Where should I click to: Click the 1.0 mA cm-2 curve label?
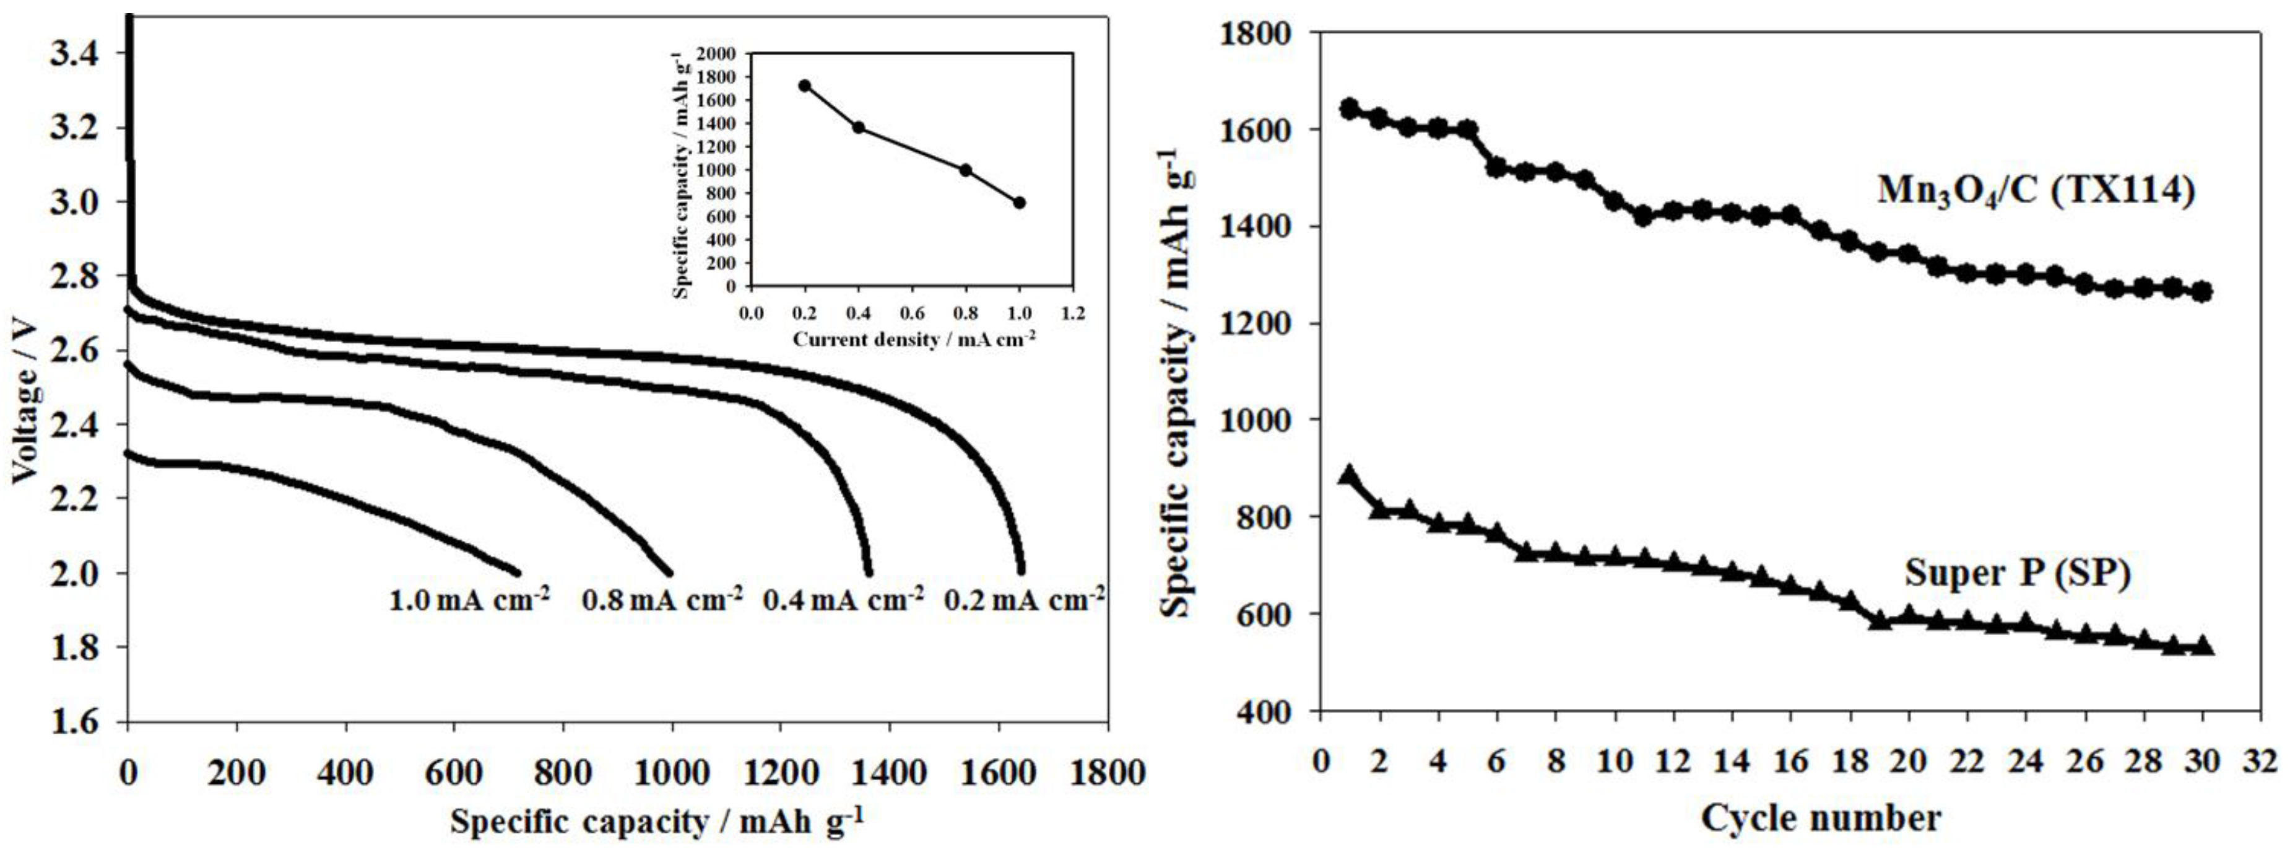coord(469,600)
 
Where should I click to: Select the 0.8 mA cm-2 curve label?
coord(662,600)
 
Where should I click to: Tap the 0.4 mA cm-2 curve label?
coord(843,600)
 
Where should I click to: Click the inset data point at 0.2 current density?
coord(805,86)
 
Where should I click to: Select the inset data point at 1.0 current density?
coord(1020,203)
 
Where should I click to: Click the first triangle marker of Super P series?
coord(1350,475)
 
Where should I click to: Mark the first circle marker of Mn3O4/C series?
coord(1350,108)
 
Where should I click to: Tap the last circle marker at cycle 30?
coord(2202,292)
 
